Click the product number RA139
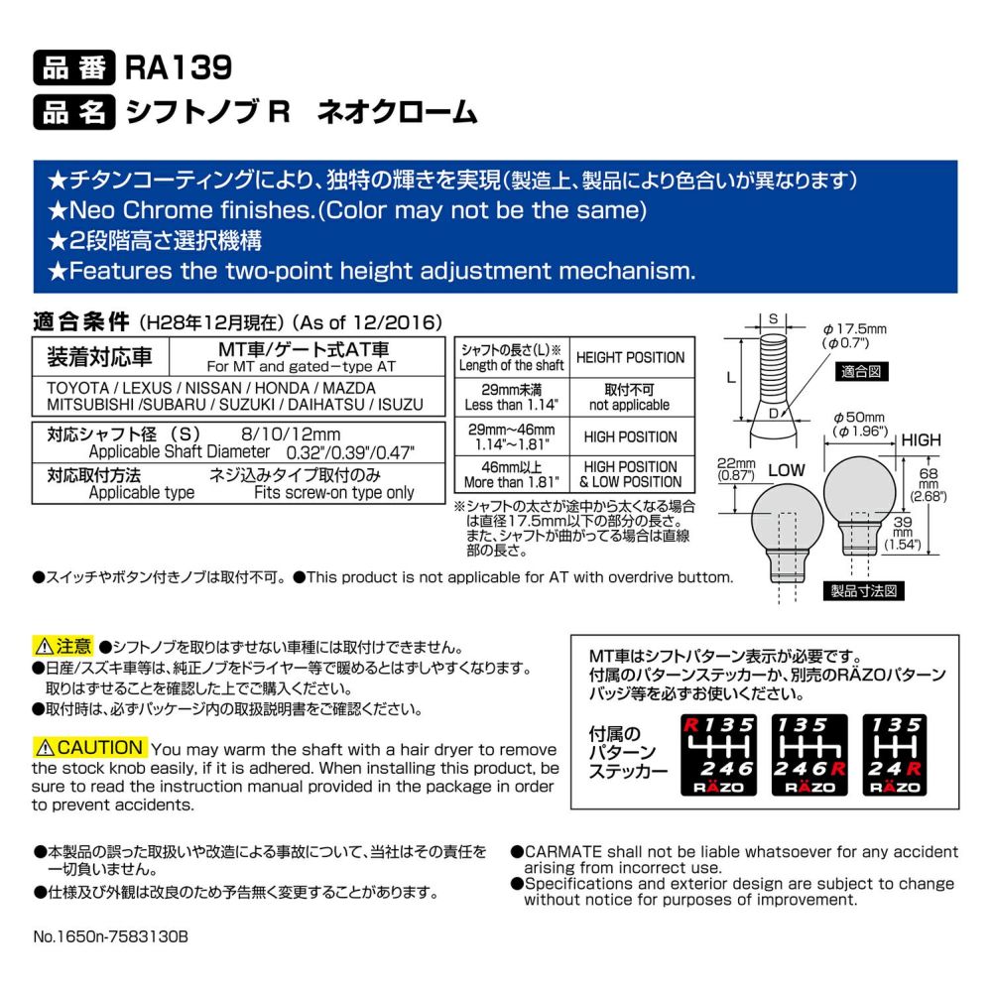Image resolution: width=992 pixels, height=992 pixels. (179, 67)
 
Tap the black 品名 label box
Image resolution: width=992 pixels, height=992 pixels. (74, 112)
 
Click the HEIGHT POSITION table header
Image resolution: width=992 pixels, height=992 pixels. (630, 357)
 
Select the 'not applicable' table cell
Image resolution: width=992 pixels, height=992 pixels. (630, 398)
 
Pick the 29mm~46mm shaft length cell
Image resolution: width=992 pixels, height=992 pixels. (512, 436)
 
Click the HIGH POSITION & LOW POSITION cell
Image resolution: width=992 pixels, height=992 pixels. (631, 474)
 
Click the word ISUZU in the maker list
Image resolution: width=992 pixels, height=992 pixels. (401, 405)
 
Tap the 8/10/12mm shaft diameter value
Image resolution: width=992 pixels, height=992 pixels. (291, 434)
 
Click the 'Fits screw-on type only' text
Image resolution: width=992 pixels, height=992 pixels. (334, 492)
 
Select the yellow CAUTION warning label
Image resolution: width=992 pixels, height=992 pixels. (90, 747)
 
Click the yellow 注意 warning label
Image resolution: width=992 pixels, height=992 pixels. (63, 646)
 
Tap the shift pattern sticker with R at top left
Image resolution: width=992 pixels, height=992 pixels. (718, 755)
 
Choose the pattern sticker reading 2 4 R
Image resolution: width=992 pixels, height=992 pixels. (895, 755)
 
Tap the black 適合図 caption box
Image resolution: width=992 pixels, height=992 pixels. (862, 371)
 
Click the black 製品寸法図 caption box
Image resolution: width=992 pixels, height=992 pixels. (864, 591)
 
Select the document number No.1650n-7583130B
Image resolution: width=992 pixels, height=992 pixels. (111, 936)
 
